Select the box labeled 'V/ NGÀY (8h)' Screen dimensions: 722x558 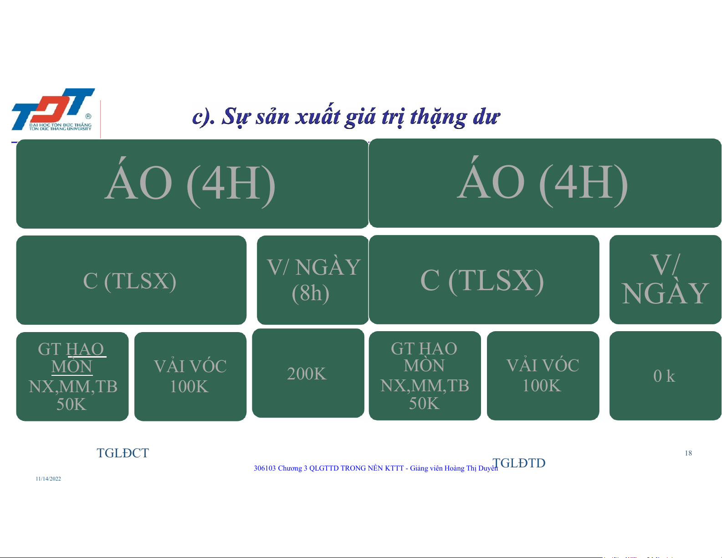312,280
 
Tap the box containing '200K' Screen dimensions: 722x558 308,373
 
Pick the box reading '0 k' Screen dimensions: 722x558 665,376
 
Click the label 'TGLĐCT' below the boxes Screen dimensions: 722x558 123,453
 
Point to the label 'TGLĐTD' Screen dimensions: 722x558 519,463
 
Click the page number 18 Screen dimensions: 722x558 688,453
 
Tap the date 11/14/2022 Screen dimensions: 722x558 48,479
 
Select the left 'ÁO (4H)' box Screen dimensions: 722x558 192,184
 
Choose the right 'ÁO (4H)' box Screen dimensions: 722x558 545,183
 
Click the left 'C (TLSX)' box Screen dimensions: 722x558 131,280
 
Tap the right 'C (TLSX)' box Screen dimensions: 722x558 484,279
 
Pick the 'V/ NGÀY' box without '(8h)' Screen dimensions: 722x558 665,279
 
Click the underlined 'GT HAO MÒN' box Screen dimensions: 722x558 72,376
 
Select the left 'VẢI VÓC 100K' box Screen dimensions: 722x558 190,376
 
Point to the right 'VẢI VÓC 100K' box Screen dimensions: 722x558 543,376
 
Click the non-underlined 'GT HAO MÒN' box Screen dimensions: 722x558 425,376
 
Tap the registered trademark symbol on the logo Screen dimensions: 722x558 88,116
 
